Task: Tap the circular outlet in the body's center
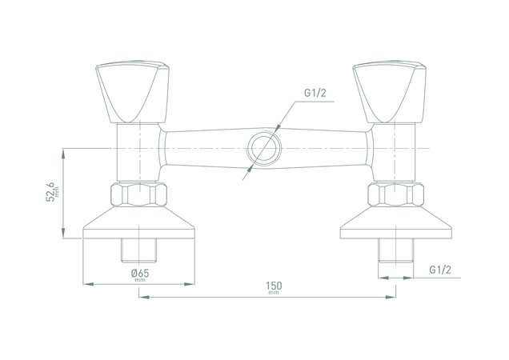click(263, 148)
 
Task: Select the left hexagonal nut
click(138, 194)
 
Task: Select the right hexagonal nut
click(395, 194)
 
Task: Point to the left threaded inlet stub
click(138, 250)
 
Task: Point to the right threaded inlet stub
click(395, 250)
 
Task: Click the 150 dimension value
click(274, 286)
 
